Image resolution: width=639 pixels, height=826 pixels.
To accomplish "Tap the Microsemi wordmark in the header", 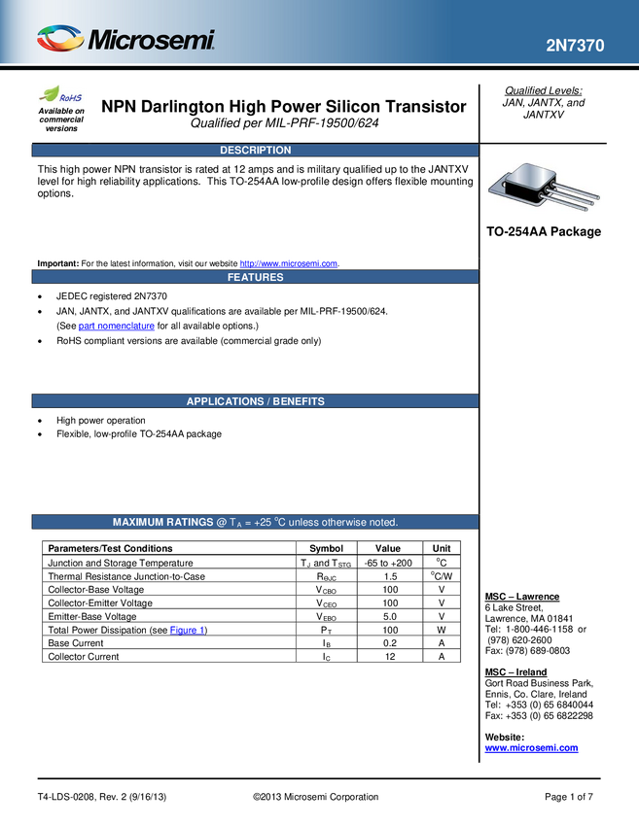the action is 152,41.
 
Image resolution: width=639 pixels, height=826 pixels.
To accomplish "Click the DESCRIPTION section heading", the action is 255,151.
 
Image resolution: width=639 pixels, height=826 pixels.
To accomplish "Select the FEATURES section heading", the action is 255,277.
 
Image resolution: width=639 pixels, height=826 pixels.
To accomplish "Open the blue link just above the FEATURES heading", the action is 289,261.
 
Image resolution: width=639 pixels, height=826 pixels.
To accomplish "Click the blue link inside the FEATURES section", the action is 116,327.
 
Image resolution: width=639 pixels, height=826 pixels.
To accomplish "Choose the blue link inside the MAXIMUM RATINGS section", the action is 187,629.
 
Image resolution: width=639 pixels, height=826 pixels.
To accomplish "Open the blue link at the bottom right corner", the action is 531,747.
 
